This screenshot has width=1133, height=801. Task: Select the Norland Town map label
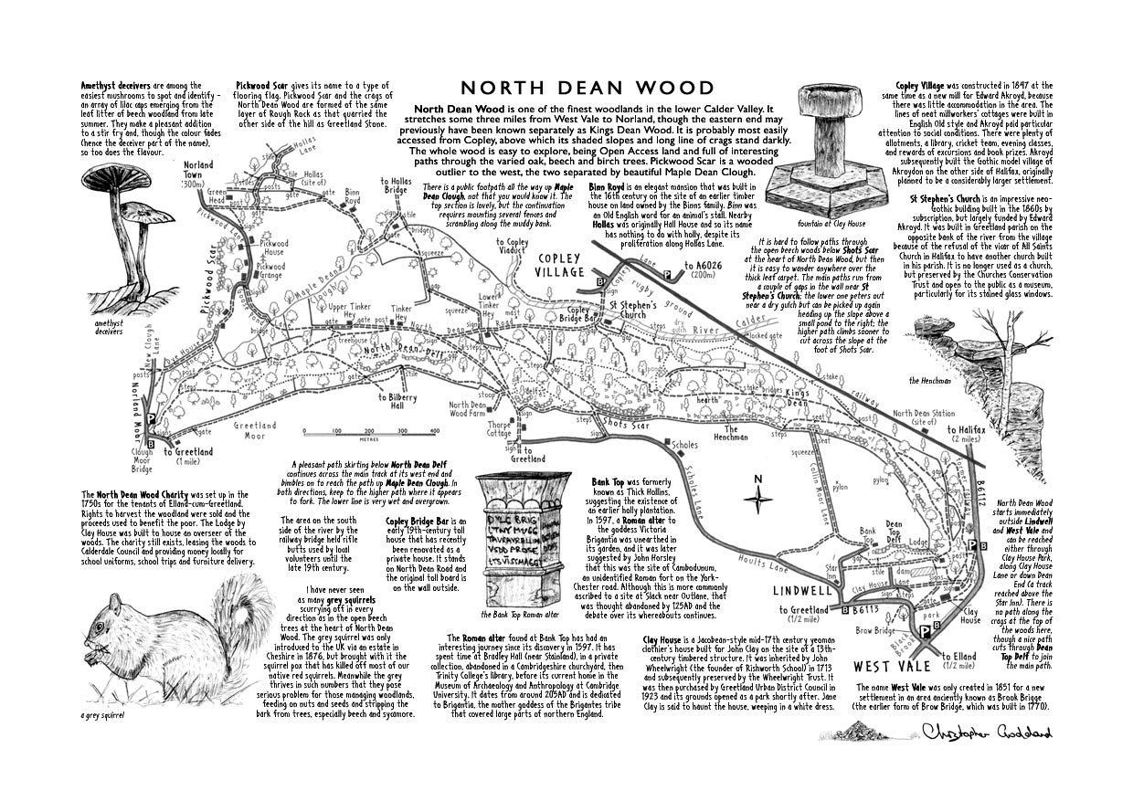pyautogui.click(x=198, y=171)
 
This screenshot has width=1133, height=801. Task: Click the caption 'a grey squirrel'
pyautogui.click(x=102, y=715)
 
